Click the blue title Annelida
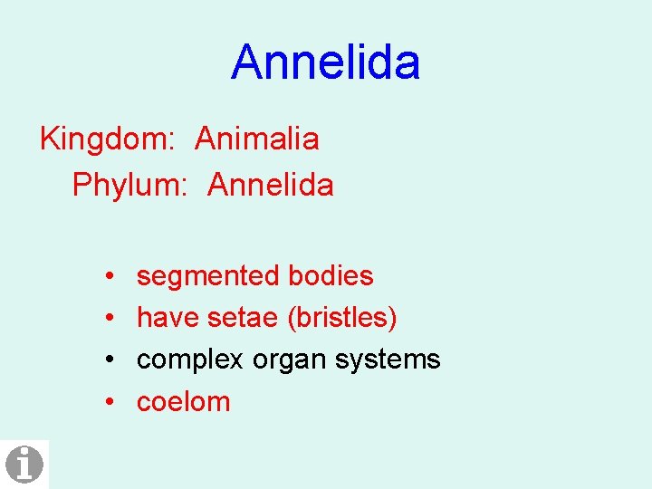click(325, 62)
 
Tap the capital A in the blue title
click(248, 62)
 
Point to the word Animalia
click(256, 139)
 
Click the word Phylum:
click(129, 186)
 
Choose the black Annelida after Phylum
click(270, 186)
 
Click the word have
click(168, 318)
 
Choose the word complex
click(190, 360)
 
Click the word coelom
click(183, 402)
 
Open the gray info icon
click(24, 465)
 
